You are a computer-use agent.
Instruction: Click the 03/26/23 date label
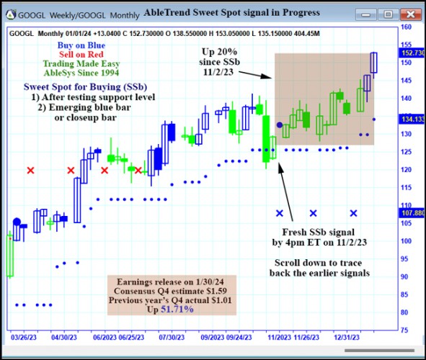pos(23,336)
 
